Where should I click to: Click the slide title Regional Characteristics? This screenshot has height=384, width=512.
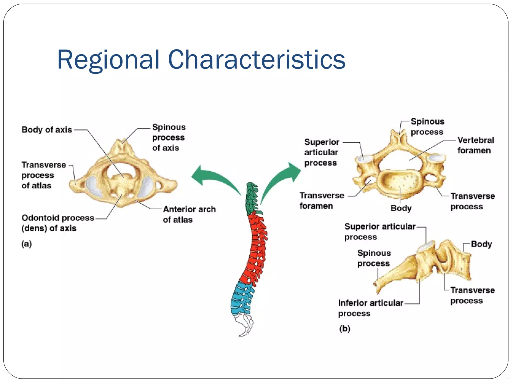point(201,60)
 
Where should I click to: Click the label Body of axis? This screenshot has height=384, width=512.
point(47,130)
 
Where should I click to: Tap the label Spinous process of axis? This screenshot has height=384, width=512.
point(169,137)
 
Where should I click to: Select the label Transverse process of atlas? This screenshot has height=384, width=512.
point(43,175)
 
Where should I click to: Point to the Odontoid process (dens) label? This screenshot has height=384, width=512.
point(57,223)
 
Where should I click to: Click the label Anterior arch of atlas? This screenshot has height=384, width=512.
point(189,214)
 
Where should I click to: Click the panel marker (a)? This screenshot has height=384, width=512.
point(26,244)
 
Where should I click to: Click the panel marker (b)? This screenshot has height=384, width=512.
point(345,328)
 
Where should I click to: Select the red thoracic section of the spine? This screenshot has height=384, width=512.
point(256,247)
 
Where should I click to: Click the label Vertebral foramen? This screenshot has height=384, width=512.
point(475,145)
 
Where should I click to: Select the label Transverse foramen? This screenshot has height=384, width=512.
point(322,200)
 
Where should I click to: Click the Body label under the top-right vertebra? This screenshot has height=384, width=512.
point(401,208)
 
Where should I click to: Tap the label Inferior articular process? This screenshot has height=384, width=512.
point(370,308)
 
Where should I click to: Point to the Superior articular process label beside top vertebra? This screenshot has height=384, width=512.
point(321,152)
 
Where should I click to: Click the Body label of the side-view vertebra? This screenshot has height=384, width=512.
point(481,244)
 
